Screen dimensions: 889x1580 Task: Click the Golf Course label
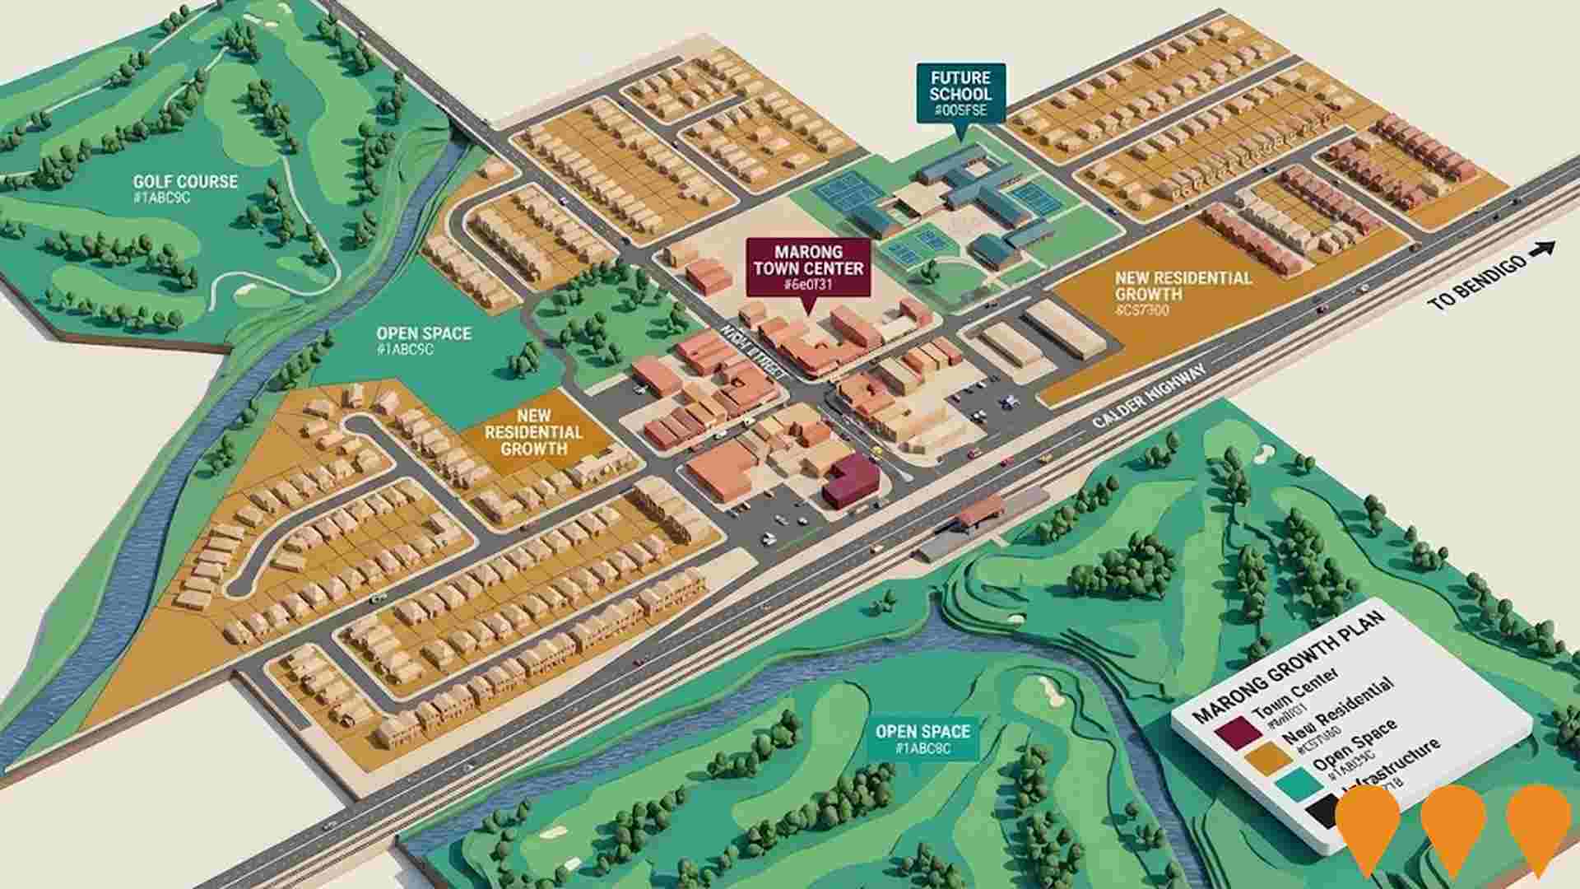[x=185, y=182]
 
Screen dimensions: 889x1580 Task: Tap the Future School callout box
[x=960, y=93]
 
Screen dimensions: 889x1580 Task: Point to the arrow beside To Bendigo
[x=1545, y=249]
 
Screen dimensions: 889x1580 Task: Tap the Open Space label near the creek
[x=423, y=334]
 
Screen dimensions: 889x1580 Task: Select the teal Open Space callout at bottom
[x=922, y=738]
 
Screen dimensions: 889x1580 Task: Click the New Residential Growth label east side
[x=1183, y=286]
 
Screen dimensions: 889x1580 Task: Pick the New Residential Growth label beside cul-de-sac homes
[x=533, y=432]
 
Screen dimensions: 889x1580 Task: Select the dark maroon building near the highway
[x=851, y=481]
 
